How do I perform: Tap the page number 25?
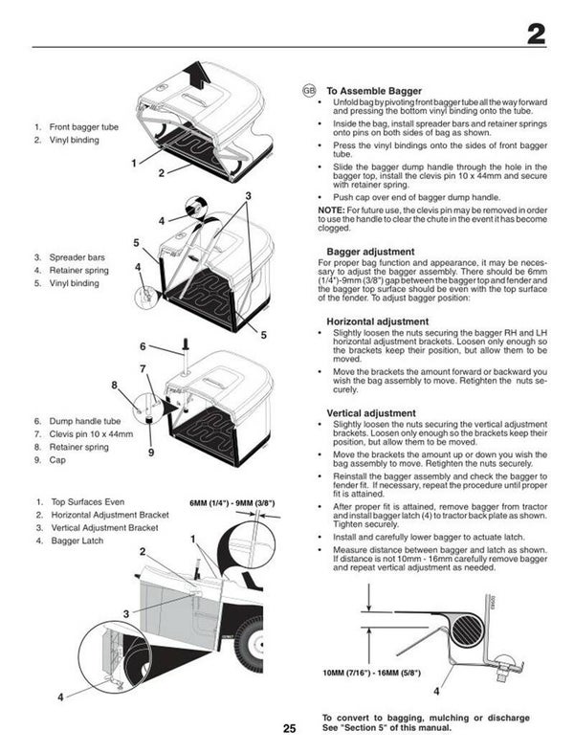(289, 728)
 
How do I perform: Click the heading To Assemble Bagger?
(374, 90)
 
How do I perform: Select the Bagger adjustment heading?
(370, 252)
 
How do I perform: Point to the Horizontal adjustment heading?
(377, 321)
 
